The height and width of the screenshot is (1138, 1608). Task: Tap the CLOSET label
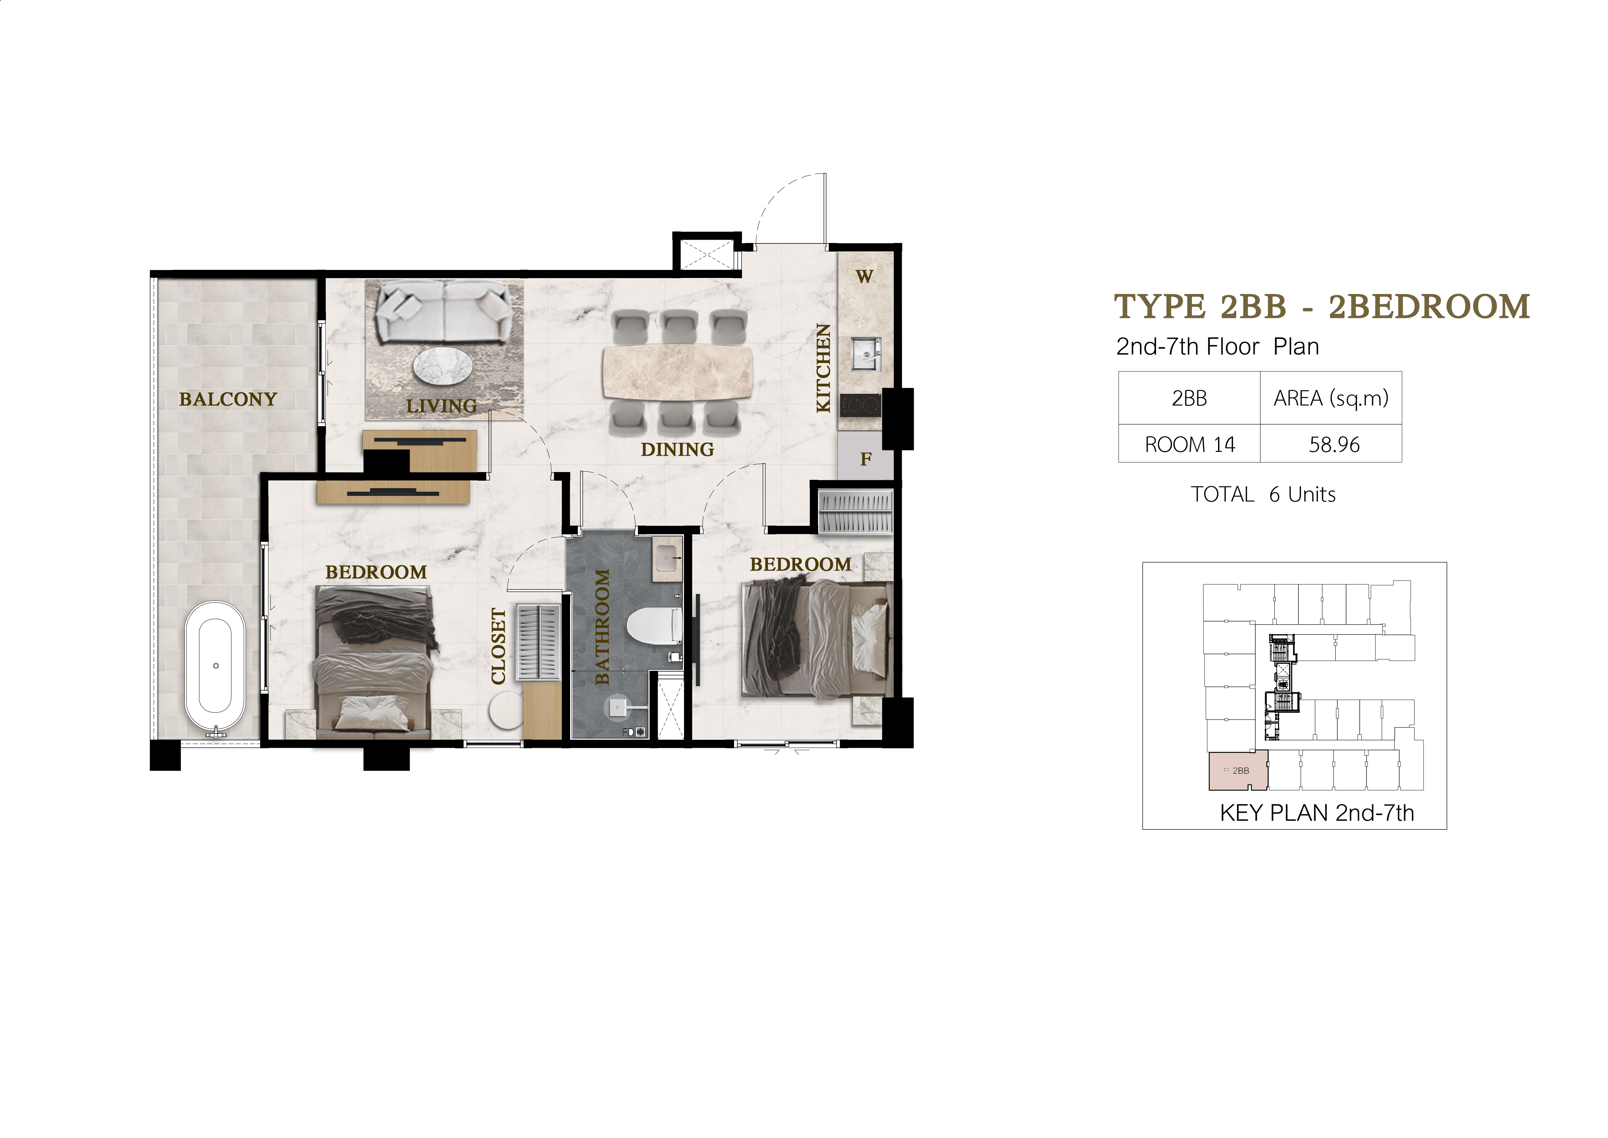coord(499,646)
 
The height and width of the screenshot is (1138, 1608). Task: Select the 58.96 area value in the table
coord(1334,444)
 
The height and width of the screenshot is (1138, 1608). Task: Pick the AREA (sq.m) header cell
coord(1331,398)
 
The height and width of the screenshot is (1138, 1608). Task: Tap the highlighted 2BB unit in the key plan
coord(1238,770)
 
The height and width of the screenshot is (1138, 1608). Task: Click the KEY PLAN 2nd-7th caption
coord(1317,813)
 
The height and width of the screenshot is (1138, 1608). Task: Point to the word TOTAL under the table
coord(1222,495)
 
